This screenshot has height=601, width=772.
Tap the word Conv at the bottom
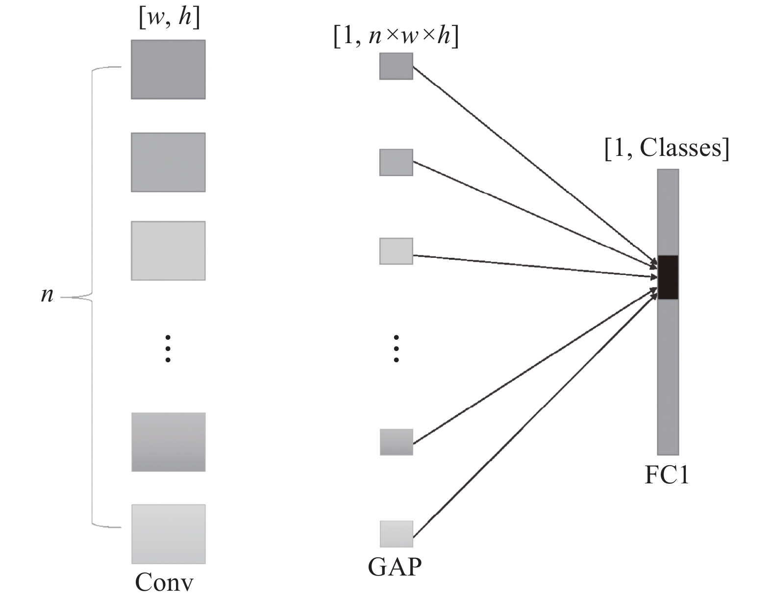[164, 583]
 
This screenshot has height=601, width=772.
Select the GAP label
[395, 567]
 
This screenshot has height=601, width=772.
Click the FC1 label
[667, 475]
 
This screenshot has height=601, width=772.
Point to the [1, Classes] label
[667, 148]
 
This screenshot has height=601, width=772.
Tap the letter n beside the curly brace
[47, 295]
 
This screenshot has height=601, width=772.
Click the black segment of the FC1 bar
[668, 277]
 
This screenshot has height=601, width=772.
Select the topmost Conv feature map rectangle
[168, 70]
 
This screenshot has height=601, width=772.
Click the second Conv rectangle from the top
[168, 162]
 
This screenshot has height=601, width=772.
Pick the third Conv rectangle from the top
[168, 251]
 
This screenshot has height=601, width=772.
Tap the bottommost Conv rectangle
[168, 534]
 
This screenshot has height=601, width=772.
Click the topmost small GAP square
[396, 66]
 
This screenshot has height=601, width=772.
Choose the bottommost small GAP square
[396, 534]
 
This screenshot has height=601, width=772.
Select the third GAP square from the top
[396, 251]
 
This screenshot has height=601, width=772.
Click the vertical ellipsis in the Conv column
[168, 349]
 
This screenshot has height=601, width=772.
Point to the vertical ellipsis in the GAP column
[396, 349]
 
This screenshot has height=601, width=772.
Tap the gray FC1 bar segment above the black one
[668, 212]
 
